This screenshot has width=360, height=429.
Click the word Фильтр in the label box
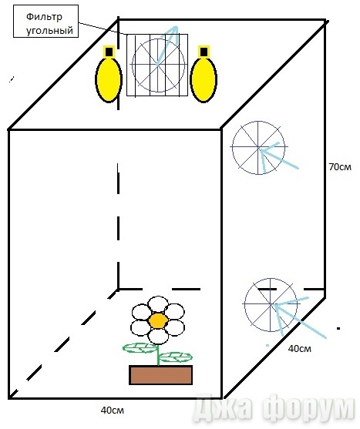44,18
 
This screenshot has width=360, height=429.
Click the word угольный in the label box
50,30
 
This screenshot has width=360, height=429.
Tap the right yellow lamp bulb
204,79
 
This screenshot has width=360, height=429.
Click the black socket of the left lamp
109,52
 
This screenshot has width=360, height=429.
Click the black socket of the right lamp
204,52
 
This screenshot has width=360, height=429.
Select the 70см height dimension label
340,167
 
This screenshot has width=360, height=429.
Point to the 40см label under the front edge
113,410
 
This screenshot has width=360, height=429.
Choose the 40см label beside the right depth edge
300,349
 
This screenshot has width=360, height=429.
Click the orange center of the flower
158,320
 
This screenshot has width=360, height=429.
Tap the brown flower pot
160,375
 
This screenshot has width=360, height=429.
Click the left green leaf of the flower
140,347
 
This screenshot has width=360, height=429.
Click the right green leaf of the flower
176,357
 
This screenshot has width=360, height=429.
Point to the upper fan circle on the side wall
232,148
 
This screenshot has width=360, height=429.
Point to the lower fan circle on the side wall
244,304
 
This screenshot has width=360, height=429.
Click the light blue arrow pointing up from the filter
167,45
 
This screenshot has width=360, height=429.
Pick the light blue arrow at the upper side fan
279,158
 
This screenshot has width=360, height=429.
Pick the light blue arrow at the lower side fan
301,320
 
